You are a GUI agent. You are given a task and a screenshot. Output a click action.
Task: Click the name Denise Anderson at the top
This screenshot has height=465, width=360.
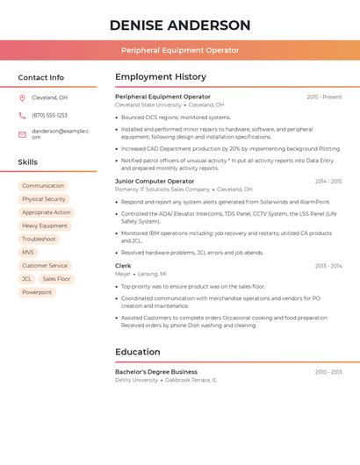click(x=180, y=25)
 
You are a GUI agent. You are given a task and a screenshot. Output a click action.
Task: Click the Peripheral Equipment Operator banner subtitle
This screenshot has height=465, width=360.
click(x=180, y=50)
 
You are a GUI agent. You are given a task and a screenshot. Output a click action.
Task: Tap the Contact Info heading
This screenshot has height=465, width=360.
click(x=40, y=77)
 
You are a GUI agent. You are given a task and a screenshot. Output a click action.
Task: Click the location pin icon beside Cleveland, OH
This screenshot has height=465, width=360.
click(x=22, y=97)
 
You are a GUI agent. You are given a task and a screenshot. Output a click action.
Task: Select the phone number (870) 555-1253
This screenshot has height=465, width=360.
click(x=49, y=115)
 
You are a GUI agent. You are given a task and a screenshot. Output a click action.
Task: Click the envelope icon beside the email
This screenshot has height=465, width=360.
click(x=22, y=134)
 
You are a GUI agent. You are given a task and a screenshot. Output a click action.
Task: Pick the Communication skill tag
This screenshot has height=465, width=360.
click(x=43, y=186)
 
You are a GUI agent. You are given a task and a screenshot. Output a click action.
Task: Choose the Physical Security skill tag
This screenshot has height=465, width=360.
click(x=44, y=199)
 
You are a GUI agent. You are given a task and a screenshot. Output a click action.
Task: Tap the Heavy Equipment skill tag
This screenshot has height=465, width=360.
click(x=45, y=225)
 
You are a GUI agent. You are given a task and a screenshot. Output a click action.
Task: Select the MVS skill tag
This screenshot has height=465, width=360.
click(x=28, y=252)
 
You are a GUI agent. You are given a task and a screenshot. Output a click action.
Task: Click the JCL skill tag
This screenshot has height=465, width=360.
click(x=26, y=279)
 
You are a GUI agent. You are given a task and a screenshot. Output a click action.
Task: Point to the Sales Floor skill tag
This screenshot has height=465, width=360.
click(x=56, y=279)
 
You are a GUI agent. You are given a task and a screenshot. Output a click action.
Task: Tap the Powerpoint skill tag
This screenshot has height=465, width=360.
click(x=37, y=292)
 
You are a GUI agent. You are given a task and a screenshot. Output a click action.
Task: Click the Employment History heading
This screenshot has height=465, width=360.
click(x=161, y=77)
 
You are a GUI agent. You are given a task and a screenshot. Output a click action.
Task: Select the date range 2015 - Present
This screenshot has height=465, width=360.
click(x=324, y=97)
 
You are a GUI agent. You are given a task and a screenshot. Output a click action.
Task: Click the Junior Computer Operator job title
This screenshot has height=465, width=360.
click(x=155, y=182)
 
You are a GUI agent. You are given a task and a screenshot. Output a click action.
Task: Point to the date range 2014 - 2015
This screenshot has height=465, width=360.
click(x=328, y=182)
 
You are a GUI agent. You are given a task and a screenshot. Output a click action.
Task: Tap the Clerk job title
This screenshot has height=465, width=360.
click(x=123, y=266)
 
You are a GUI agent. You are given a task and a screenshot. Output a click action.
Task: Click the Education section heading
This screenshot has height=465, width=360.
click(x=137, y=352)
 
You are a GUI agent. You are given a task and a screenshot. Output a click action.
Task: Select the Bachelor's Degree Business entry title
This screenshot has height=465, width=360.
click(x=156, y=372)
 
